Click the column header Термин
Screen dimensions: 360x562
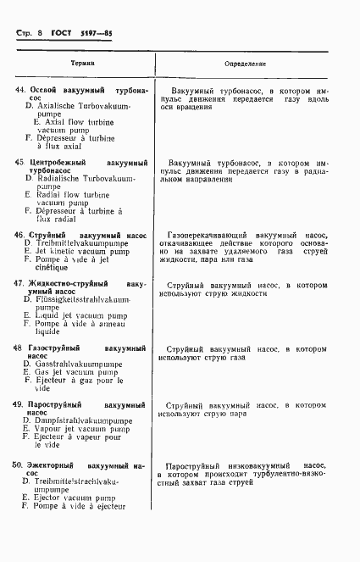pos(82,64)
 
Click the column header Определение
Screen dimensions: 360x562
pos(246,64)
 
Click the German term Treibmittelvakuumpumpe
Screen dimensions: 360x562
pos(81,242)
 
